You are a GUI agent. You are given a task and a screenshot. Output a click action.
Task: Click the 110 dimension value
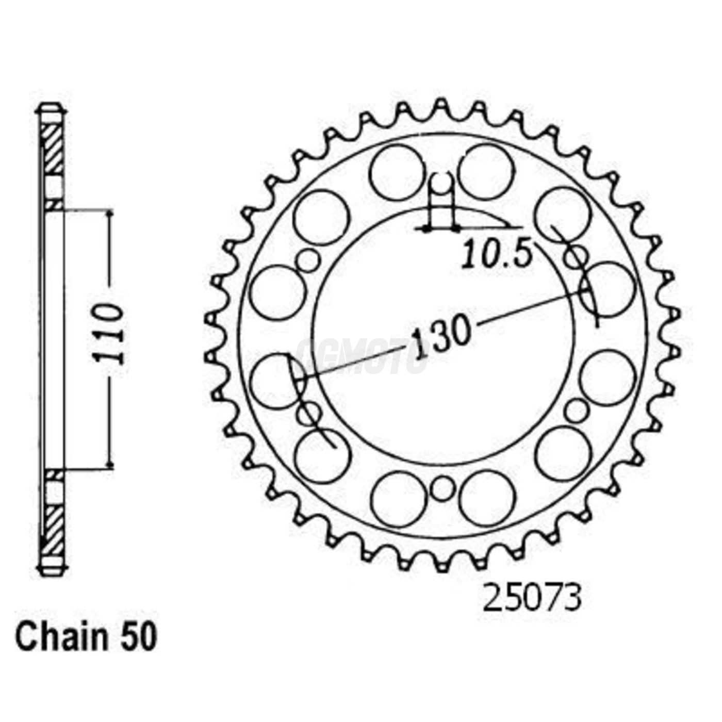[109, 334]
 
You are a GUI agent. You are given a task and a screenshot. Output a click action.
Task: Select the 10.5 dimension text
[495, 254]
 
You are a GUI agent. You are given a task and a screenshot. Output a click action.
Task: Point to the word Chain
[61, 637]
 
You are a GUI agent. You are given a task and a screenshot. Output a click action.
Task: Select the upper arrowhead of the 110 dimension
[109, 214]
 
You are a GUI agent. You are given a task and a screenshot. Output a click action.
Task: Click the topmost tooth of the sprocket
[441, 105]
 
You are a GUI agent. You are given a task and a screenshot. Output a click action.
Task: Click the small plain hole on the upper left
[309, 261]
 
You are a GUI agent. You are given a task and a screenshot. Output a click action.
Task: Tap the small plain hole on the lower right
[576, 411]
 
